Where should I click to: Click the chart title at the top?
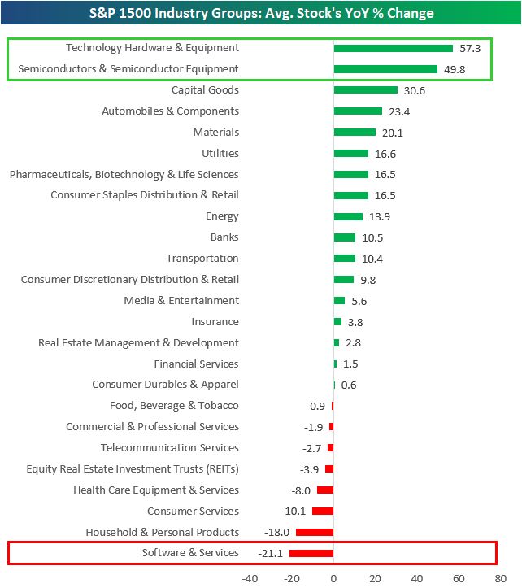(260, 13)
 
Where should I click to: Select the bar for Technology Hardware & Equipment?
(393, 48)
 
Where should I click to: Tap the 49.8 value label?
(455, 69)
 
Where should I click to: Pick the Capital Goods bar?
(365, 90)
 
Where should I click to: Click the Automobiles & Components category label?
(170, 111)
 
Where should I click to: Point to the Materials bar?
(355, 132)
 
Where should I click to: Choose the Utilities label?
(220, 153)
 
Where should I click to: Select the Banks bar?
(345, 237)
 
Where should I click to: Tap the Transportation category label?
(202, 259)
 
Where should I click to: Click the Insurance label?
(215, 322)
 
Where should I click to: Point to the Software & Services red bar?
(311, 553)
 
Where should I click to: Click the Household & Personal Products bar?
(315, 532)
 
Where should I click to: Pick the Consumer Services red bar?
(323, 511)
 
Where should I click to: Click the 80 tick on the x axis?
(500, 578)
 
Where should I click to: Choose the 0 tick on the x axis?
(333, 578)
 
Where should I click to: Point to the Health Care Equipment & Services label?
(156, 490)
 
